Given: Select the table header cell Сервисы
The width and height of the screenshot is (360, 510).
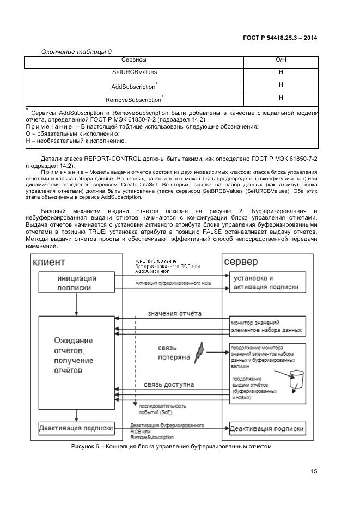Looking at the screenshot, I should point(133,59).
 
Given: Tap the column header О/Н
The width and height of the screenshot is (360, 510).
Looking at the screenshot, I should point(281,59).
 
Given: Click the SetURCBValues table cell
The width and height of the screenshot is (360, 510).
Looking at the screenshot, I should point(133,72).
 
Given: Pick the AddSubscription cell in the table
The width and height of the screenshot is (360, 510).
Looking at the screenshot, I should point(133,86).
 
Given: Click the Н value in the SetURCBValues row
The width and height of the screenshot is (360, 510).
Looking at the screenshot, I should point(281,72).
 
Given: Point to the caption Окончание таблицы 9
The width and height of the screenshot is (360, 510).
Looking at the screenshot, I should point(77,51).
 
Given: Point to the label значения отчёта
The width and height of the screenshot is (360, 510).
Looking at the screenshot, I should point(175,314).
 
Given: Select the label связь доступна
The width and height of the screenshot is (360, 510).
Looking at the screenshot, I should point(169,385).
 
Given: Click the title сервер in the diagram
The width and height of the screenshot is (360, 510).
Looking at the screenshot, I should point(241,262).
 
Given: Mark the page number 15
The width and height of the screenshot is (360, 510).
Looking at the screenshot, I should point(314,472).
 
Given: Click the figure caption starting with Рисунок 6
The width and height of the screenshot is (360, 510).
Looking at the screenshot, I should point(171,447).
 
